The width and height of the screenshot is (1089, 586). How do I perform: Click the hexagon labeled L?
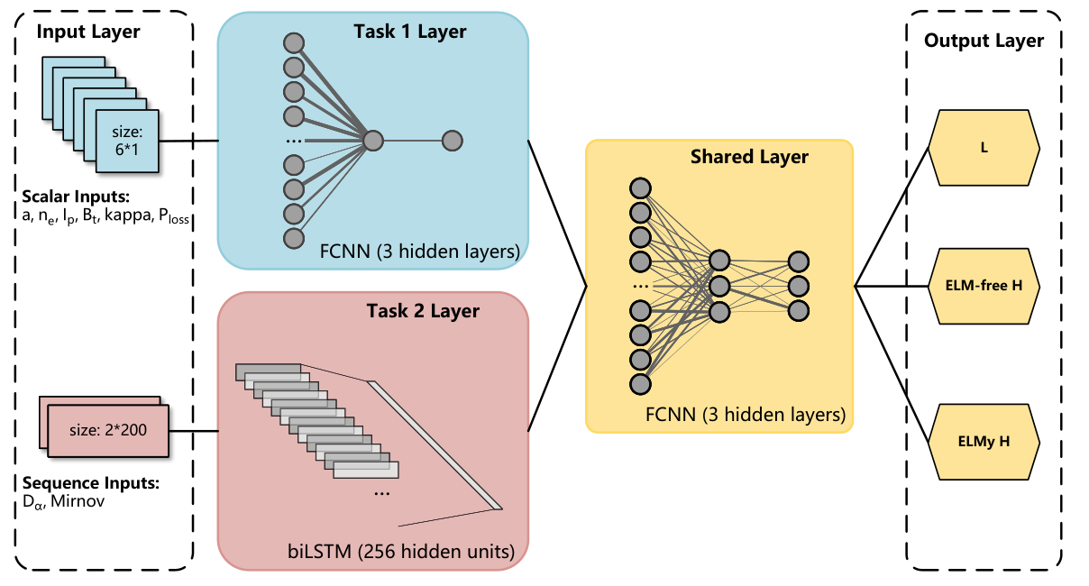pyautogui.click(x=984, y=145)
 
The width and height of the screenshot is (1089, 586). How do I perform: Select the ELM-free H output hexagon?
pyautogui.click(x=984, y=286)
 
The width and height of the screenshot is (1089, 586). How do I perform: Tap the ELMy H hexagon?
pyautogui.click(x=984, y=441)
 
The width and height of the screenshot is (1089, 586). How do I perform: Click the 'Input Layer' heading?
pyautogui.click(x=88, y=32)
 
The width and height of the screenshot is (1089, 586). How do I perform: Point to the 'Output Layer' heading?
pyautogui.click(x=984, y=41)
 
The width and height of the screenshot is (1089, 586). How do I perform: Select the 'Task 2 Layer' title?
pyautogui.click(x=422, y=311)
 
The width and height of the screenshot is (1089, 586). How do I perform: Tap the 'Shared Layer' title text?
pyautogui.click(x=749, y=157)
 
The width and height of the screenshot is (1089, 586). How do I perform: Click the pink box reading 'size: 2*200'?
pyautogui.click(x=107, y=430)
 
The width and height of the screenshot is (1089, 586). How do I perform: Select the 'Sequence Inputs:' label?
pyautogui.click(x=89, y=483)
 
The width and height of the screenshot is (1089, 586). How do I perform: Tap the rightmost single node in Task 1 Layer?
pyautogui.click(x=452, y=141)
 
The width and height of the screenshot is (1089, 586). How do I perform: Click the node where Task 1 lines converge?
pyautogui.click(x=373, y=141)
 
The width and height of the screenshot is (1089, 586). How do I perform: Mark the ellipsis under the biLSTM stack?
pyautogui.click(x=380, y=493)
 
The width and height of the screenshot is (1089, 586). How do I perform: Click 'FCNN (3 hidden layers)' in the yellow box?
pyautogui.click(x=745, y=416)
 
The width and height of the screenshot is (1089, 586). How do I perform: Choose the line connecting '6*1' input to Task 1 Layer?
pyautogui.click(x=189, y=142)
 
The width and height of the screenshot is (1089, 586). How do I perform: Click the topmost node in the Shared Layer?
pyautogui.click(x=640, y=188)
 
